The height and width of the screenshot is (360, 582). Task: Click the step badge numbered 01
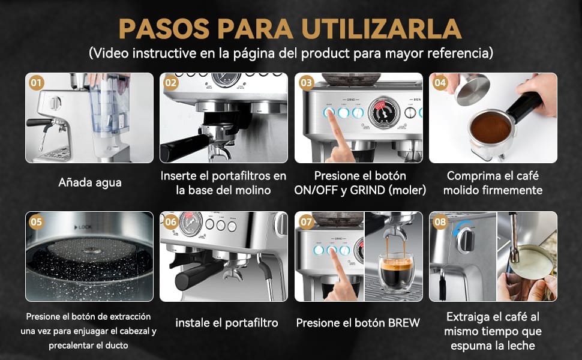pyautogui.click(x=37, y=83)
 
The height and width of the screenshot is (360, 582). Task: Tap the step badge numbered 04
pyautogui.click(x=440, y=83)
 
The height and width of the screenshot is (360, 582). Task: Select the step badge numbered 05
pyautogui.click(x=37, y=221)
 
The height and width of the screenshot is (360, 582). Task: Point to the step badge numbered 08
pyautogui.click(x=440, y=221)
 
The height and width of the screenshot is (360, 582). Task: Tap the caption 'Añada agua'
pyautogui.click(x=90, y=182)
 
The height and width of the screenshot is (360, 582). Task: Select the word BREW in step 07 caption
pyautogui.click(x=404, y=323)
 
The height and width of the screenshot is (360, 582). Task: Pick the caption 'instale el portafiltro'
pyautogui.click(x=227, y=323)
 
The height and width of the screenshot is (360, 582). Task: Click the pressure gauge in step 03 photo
pyautogui.click(x=383, y=112)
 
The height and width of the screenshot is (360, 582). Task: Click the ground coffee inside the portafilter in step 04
pyautogui.click(x=490, y=128)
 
